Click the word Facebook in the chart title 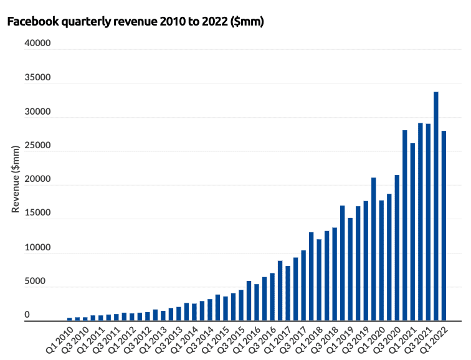pos(31,22)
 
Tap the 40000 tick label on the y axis pos(37,44)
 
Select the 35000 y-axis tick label pos(37,78)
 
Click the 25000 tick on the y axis pos(37,146)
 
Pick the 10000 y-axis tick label pos(37,248)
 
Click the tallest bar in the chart pos(436,206)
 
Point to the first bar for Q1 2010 pos(70,319)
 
